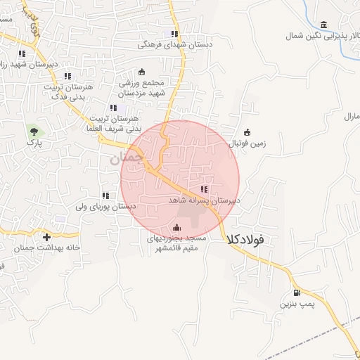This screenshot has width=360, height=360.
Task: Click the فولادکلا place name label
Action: tap(246, 240)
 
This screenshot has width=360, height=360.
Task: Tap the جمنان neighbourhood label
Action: tap(127, 159)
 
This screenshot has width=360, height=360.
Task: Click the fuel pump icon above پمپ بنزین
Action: tap(296, 292)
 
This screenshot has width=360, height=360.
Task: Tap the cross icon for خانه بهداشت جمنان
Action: tap(47, 237)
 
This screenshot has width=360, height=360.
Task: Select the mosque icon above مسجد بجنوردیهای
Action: tap(176, 227)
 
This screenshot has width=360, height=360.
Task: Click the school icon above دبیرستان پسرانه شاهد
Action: tap(204, 189)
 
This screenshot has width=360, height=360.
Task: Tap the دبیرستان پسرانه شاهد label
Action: tap(205, 200)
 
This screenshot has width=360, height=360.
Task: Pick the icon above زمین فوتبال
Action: tap(247, 131)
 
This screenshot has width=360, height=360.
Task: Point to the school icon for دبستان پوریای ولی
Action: tap(105, 195)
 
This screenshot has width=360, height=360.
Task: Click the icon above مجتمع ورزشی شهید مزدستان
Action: tap(141, 71)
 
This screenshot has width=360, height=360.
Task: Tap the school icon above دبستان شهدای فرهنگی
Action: tap(174, 34)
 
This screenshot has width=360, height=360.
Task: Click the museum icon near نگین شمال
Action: tap(323, 25)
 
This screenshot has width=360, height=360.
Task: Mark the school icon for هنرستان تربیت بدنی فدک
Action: tap(67, 76)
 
